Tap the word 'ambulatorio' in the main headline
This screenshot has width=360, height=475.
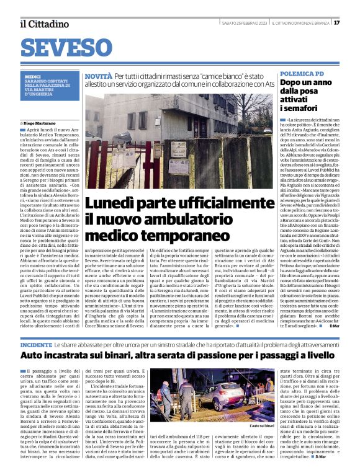coord(203,220)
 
